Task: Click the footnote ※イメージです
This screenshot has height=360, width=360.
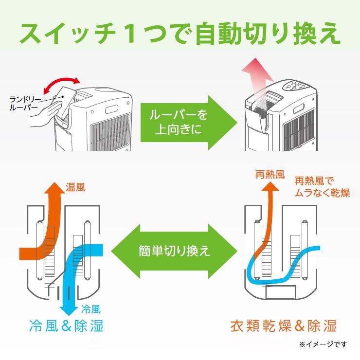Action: coord(323,345)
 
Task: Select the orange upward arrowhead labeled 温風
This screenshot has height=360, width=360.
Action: coord(51,190)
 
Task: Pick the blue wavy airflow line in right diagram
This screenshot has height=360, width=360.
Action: coord(282,268)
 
